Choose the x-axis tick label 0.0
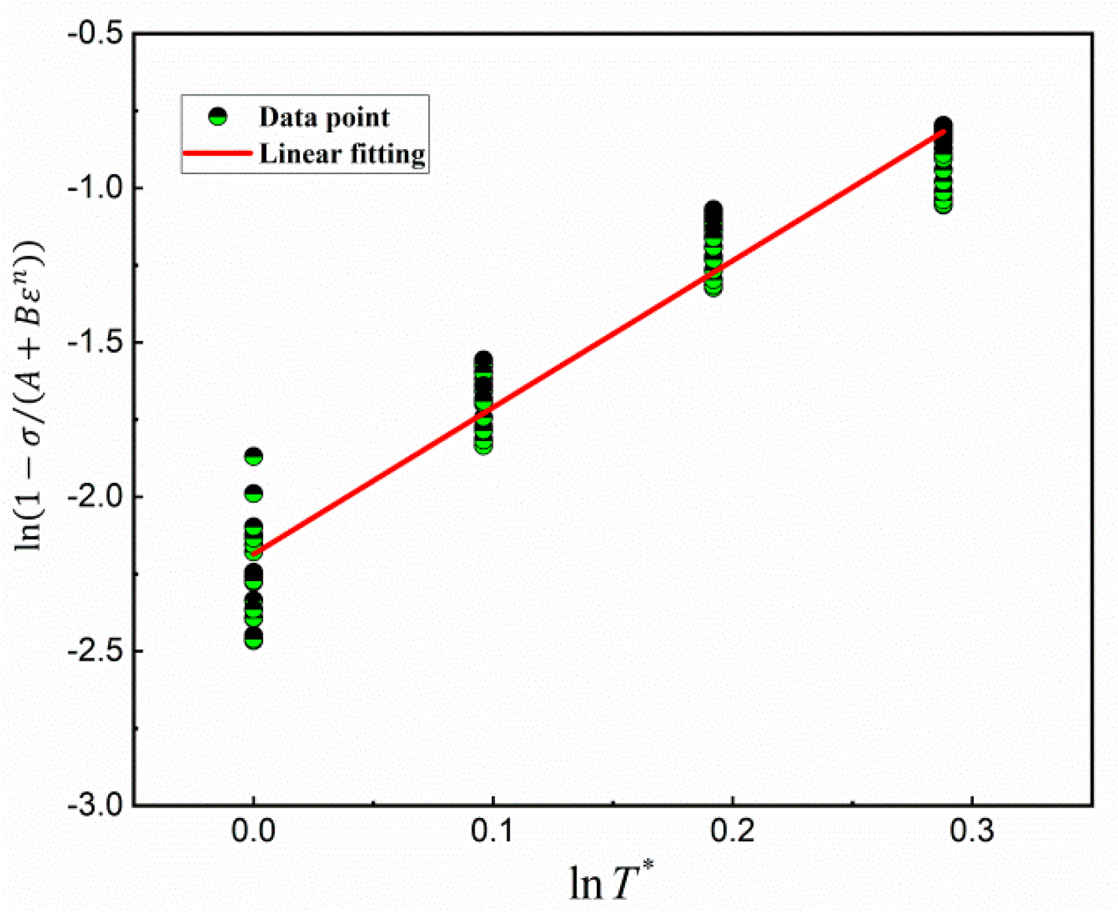coord(253,832)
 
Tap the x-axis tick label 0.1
coord(492,832)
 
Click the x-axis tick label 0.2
coord(731,832)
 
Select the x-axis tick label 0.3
coord(970,832)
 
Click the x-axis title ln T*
coord(611,882)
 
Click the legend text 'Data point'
coord(324,117)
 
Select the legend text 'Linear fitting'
coord(342,154)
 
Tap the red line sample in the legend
coord(217,153)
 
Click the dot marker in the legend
coord(218,117)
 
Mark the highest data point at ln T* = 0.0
coord(253,456)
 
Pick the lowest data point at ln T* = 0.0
coord(253,639)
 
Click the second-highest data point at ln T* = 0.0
coord(253,493)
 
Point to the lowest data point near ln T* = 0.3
coord(943,204)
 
